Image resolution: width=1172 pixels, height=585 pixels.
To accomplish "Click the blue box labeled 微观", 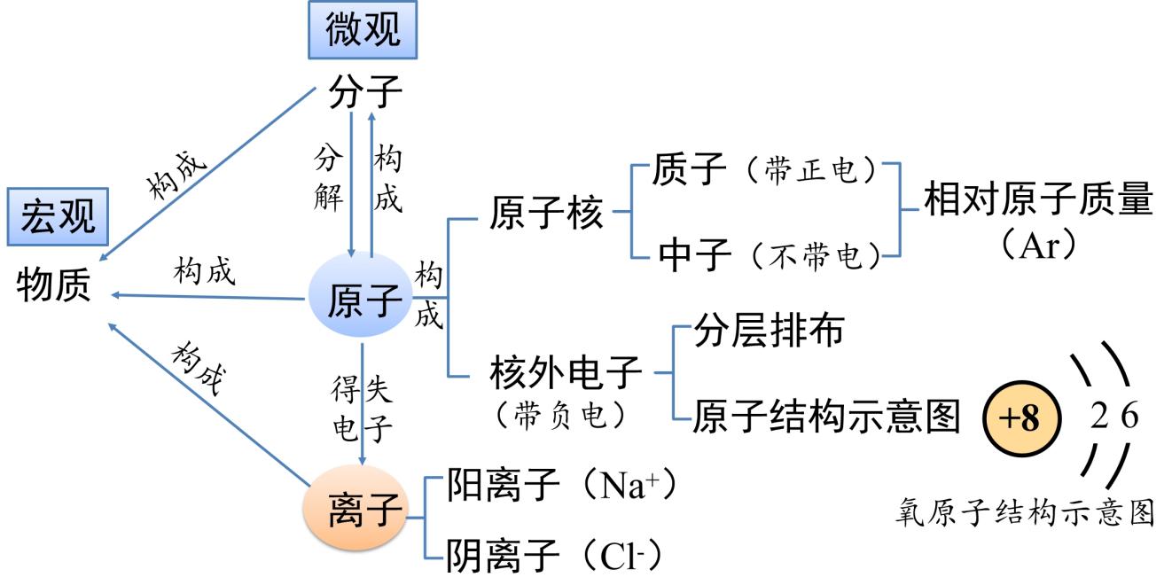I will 363,30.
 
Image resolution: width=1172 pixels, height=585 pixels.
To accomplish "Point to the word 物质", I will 53,287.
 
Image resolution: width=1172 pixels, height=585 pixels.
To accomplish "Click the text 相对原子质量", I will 1038,201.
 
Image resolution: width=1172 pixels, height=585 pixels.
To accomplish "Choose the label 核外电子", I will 565,375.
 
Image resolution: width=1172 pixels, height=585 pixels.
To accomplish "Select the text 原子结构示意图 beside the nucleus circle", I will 826,416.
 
